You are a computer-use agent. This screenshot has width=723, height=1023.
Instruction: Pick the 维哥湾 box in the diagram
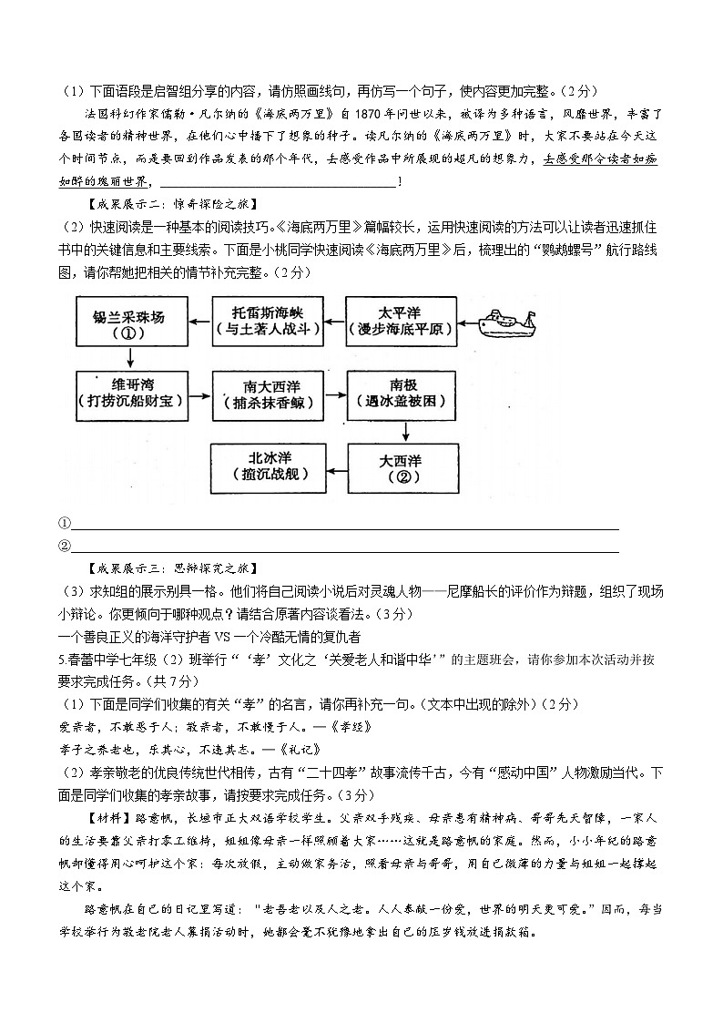click(129, 394)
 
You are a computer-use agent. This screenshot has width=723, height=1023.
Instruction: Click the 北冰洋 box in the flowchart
click(268, 465)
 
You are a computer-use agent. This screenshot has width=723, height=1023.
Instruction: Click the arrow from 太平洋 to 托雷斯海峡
click(334, 322)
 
